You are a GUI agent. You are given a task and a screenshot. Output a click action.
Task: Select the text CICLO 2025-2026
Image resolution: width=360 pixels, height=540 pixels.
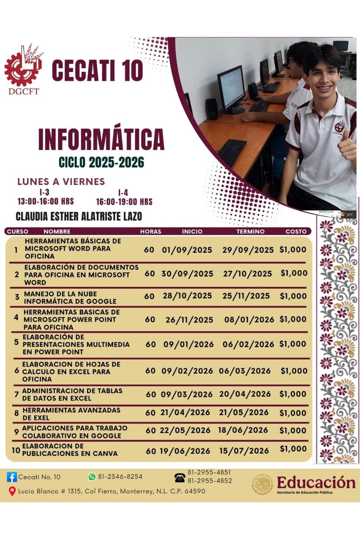101,163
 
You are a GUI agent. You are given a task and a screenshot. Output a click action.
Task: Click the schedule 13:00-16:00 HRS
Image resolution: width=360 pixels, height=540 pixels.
45,202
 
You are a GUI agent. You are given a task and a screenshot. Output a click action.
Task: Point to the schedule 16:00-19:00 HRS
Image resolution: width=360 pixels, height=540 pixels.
124,202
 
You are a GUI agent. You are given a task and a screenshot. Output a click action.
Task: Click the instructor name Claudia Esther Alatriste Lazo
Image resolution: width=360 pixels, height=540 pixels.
79,217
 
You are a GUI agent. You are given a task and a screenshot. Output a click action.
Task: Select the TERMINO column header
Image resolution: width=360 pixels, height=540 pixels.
250,231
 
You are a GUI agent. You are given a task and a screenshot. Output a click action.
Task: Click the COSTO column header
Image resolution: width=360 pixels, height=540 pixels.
296,231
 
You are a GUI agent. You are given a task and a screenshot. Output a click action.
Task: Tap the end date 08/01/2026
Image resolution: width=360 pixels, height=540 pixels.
249,320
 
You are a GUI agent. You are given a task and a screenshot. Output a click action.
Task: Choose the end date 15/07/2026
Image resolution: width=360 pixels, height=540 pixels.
244,451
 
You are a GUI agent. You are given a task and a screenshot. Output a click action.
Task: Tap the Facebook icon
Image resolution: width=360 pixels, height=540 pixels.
12,477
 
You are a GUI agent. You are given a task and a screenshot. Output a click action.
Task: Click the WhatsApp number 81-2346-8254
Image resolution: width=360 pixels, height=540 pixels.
120,477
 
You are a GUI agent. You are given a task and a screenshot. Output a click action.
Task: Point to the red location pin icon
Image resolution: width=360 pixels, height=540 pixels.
12,491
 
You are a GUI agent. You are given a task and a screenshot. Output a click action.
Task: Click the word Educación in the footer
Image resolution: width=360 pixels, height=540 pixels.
316,482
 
